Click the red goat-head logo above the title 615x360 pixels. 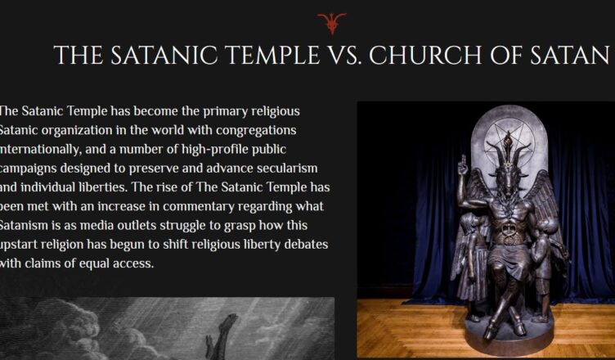coord(332,23)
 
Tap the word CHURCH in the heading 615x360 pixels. coord(425,55)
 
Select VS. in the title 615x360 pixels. coord(343,55)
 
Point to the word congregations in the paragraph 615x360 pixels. coord(256,131)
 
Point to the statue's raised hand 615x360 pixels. coord(463,165)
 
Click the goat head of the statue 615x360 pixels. coord(509,169)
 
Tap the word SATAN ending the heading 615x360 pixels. coord(570,55)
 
